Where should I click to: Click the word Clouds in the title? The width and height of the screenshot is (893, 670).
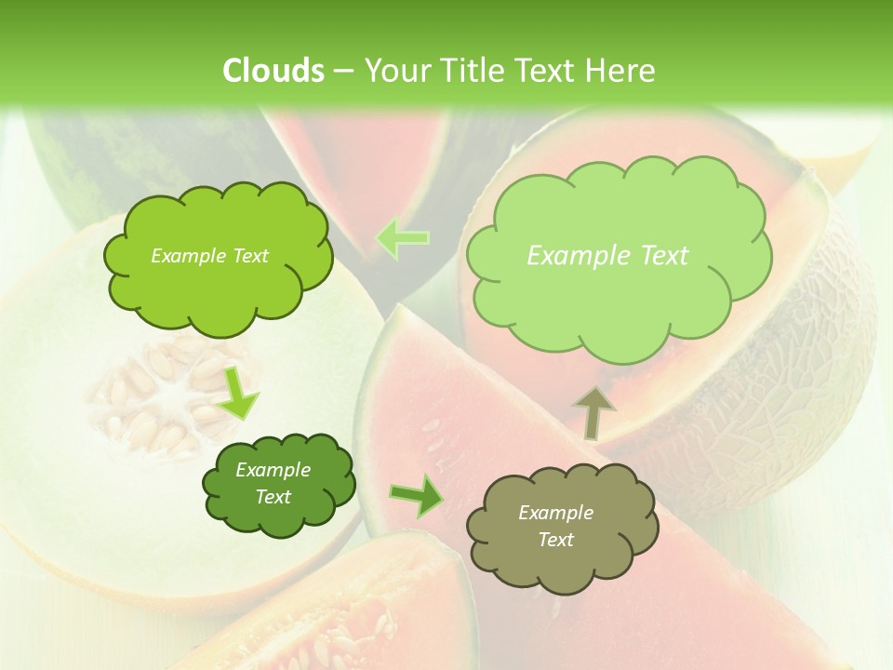coord(273,71)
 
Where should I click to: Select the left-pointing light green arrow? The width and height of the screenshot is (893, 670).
coord(402,238)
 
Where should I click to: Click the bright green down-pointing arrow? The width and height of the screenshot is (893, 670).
coord(239,392)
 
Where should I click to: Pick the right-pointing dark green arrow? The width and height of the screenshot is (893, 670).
coord(417,495)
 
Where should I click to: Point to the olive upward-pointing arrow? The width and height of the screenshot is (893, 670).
coord(592,410)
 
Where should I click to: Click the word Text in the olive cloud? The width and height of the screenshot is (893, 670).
coord(555,540)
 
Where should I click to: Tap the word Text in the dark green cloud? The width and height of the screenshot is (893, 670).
coord(273,497)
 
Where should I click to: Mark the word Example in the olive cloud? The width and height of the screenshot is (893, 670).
coord(555,513)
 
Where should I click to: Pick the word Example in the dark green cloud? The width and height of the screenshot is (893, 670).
coord(273,470)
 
